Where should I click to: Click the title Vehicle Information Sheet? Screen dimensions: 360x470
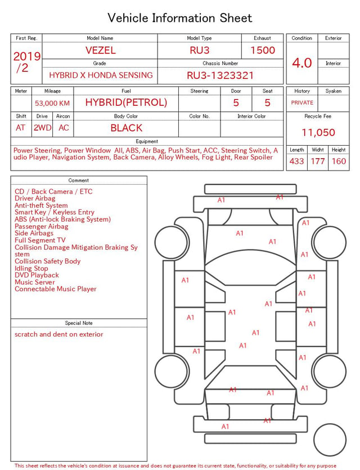coord(179,18)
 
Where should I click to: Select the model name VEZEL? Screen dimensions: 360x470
coord(101,50)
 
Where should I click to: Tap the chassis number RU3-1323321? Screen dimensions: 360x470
coord(220,75)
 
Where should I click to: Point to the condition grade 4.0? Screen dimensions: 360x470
coord(302,63)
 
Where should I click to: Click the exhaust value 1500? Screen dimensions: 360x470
coord(263,50)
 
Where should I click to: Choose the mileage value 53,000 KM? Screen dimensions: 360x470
coord(52,104)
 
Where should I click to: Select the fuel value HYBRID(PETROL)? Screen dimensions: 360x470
coord(126,102)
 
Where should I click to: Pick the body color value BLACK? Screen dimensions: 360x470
coord(127,128)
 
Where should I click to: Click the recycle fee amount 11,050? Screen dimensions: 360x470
coord(318,132)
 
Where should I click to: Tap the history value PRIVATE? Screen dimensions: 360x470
coord(302,103)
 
